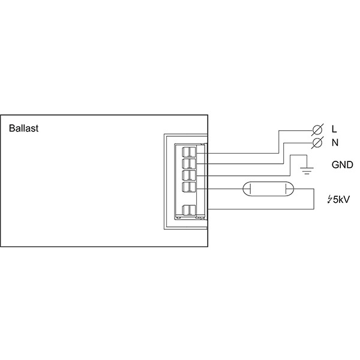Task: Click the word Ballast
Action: (x=23, y=128)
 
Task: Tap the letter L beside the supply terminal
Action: (x=334, y=129)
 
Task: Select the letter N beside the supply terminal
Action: (x=334, y=143)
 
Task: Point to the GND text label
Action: (x=341, y=164)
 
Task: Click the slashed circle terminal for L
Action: (x=319, y=129)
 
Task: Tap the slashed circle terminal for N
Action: (x=319, y=143)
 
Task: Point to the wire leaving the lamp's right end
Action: (x=303, y=189)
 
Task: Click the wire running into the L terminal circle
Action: (x=297, y=129)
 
